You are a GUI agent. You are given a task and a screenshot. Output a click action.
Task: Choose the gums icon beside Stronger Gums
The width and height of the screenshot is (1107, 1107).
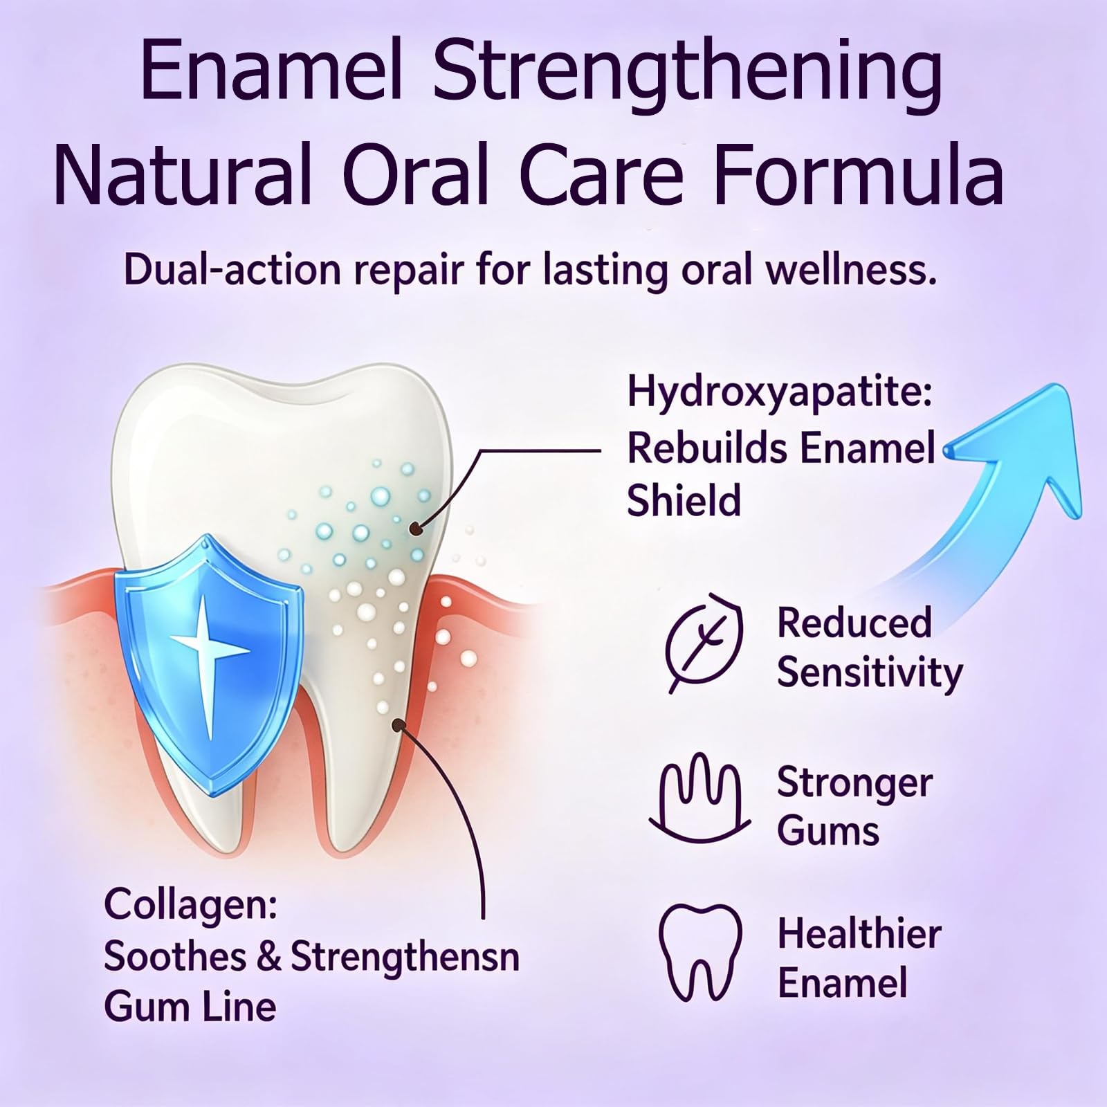coord(699,796)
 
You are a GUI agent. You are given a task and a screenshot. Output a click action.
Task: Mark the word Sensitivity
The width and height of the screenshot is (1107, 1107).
coord(870,673)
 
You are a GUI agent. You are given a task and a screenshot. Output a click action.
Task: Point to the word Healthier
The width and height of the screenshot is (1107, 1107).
coord(859,933)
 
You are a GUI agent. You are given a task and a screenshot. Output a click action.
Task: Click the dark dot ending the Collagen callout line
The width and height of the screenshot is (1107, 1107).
coord(399,724)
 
